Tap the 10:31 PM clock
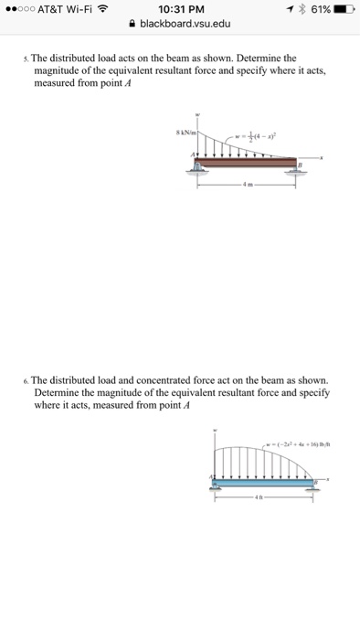tap(179, 10)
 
